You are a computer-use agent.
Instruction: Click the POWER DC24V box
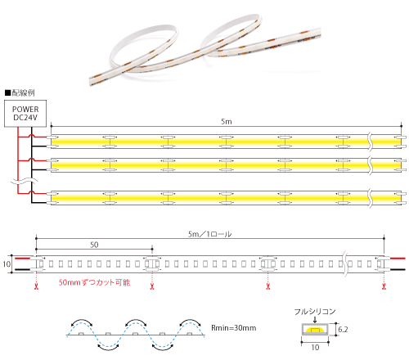25,114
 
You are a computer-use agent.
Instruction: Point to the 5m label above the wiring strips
227,122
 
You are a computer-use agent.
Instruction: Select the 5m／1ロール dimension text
209,234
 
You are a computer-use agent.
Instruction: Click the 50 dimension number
94,245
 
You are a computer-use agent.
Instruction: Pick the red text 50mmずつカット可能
94,282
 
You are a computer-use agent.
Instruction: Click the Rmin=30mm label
234,328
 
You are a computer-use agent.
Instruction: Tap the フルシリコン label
315,312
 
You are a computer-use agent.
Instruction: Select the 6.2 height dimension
343,330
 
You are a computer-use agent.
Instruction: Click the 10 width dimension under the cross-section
315,348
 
